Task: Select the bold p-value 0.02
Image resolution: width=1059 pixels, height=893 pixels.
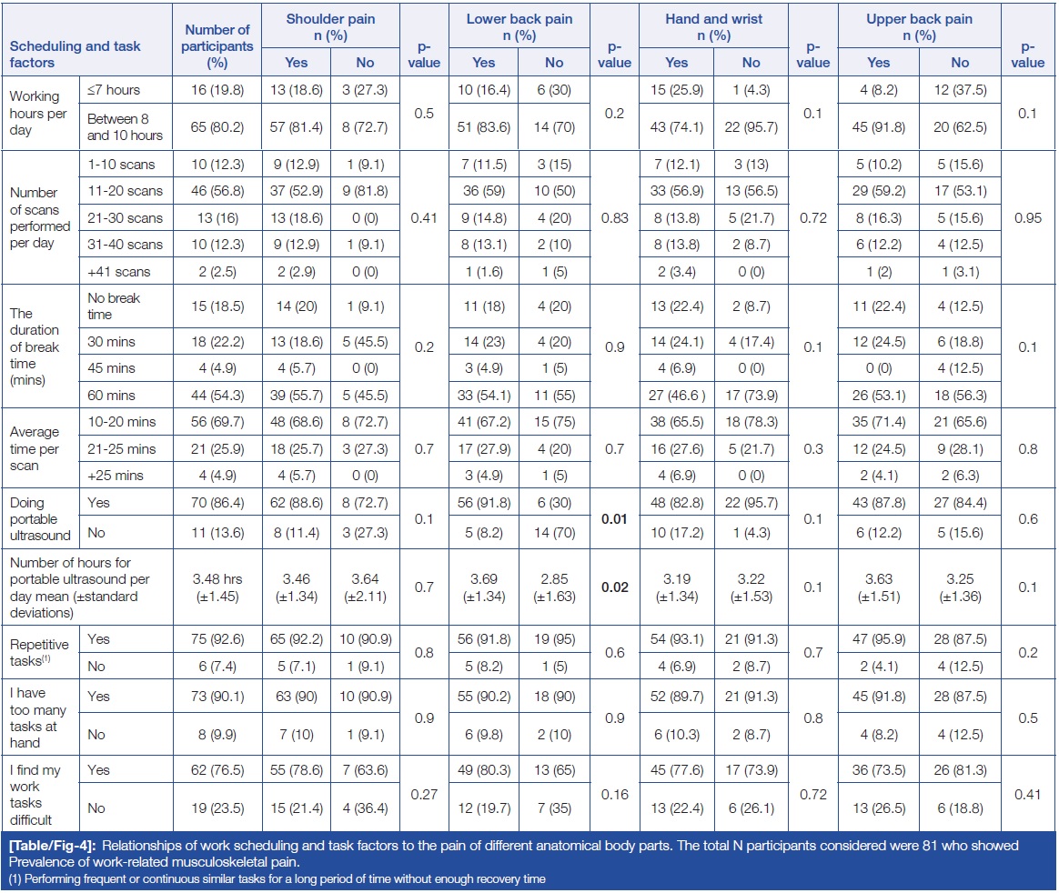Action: [x=614, y=587]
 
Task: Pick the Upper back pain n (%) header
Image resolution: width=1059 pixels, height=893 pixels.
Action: [x=919, y=27]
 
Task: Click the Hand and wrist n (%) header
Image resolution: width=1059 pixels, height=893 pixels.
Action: [x=713, y=27]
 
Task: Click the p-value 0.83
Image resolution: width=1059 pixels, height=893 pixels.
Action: [x=614, y=218]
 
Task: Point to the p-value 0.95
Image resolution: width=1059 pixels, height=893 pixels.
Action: [x=1027, y=218]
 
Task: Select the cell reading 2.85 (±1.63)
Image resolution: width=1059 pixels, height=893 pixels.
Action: [x=553, y=587]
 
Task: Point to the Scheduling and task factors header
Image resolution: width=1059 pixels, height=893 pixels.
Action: [x=76, y=55]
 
